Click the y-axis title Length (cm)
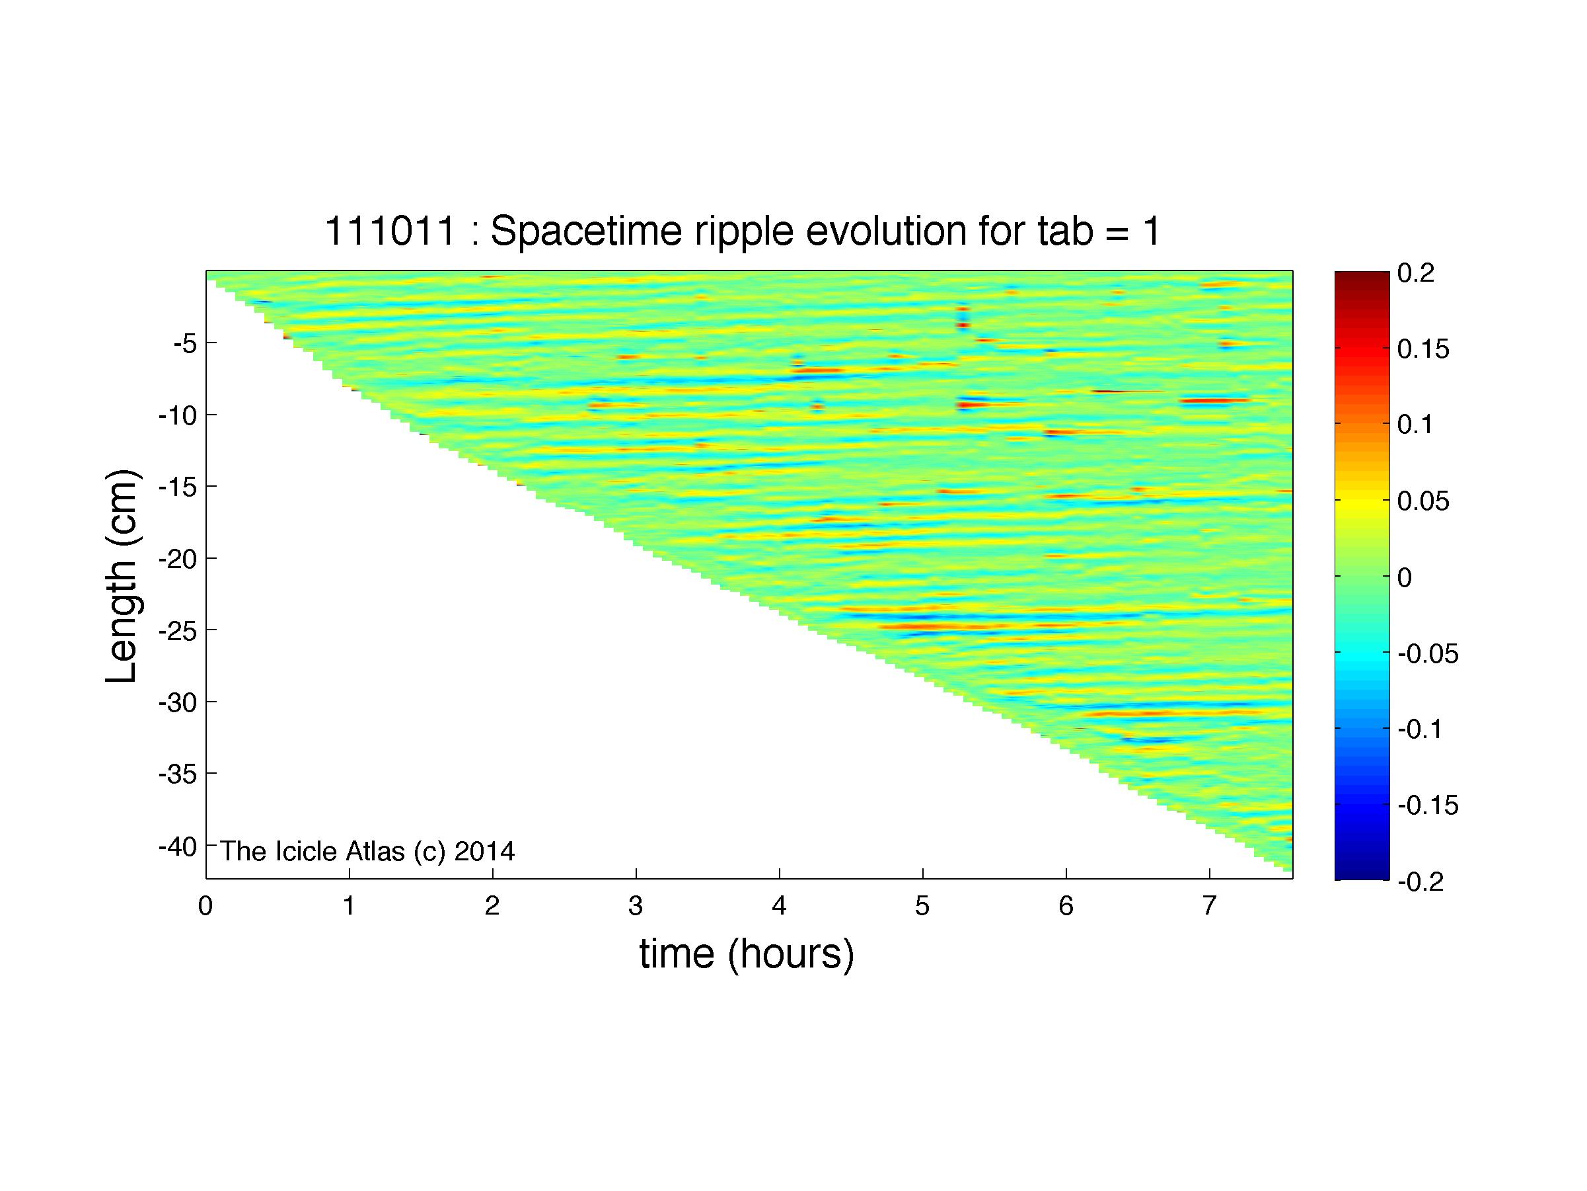pos(122,576)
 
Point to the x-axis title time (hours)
pos(747,954)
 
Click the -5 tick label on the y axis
pos(184,343)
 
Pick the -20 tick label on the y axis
pos(177,559)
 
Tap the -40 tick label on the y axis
pos(177,846)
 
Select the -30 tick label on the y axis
pos(177,702)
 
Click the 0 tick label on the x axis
pos(206,906)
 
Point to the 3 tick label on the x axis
pos(636,906)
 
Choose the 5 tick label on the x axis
pos(922,906)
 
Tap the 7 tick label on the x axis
pos(1210,906)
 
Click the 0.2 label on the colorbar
pos(1415,273)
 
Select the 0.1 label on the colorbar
pos(1415,425)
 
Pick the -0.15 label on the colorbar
pos(1428,805)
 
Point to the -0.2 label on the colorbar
pos(1421,882)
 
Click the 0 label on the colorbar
pos(1405,577)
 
